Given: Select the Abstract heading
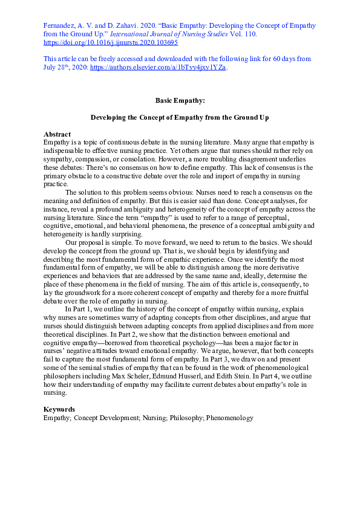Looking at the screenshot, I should tap(57, 134).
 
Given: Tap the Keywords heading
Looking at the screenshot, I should tap(59, 409).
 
